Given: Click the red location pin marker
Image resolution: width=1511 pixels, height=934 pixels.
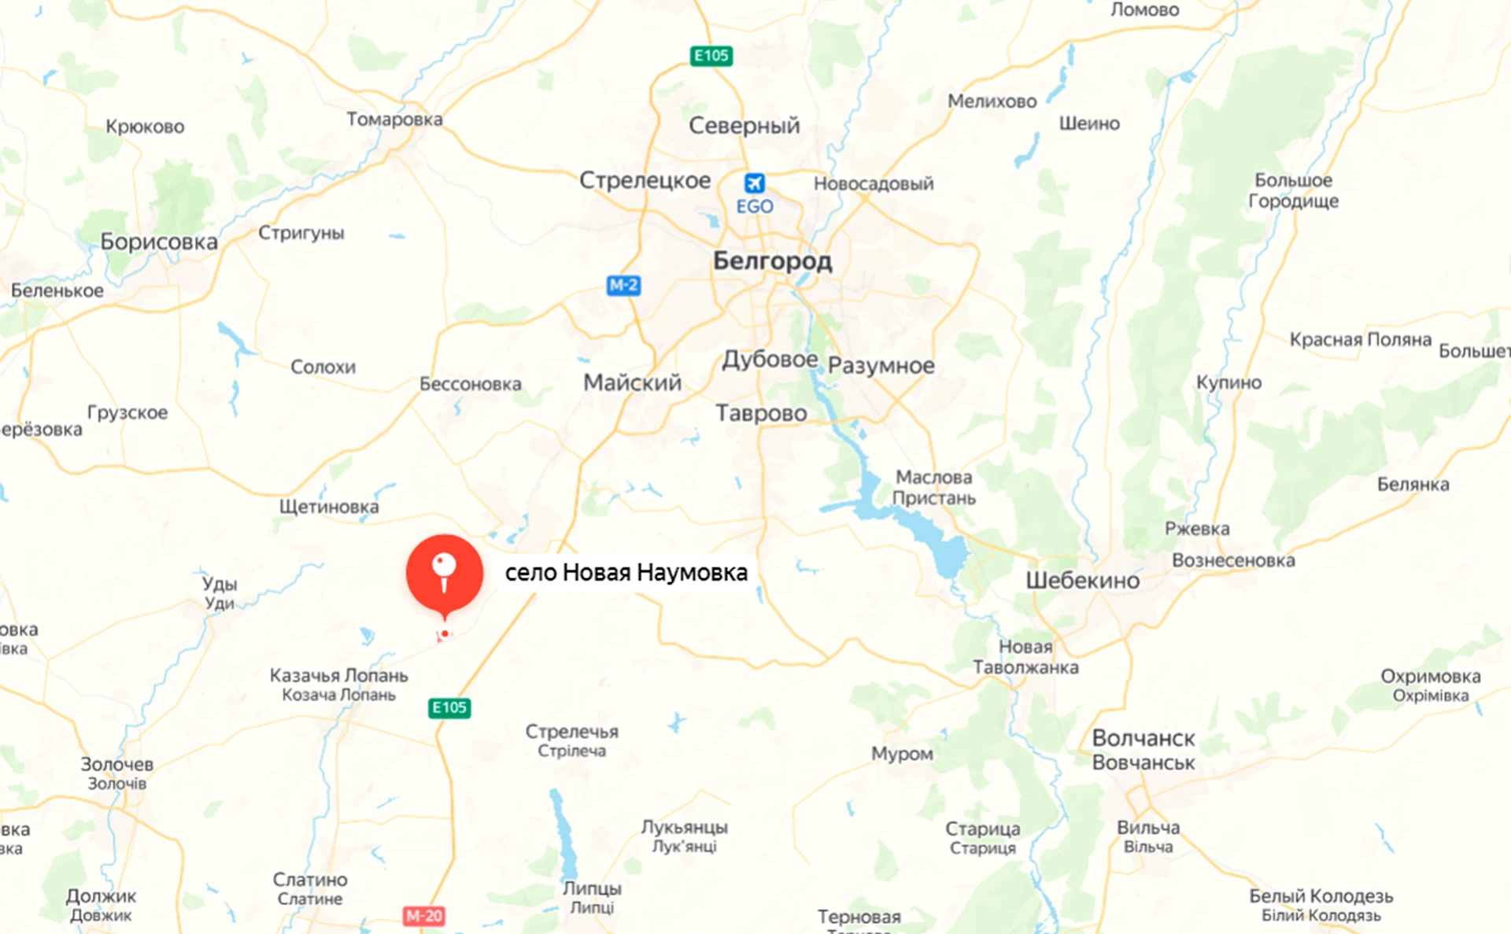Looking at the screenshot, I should coord(445,573).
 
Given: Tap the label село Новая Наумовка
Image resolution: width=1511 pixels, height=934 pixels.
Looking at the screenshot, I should coord(626,572).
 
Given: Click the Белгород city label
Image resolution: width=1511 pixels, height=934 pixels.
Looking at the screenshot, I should coord(772,260).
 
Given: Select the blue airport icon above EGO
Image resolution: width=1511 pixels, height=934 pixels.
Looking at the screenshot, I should coord(754,183).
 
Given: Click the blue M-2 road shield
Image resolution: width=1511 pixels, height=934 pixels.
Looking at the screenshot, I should coord(623,285).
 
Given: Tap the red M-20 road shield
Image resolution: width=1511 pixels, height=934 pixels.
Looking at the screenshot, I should coord(424,916).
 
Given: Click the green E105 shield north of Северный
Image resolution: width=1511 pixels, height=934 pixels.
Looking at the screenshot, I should coord(711,56).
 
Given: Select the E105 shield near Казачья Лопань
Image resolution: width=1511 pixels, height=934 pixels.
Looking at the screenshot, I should coord(449,707).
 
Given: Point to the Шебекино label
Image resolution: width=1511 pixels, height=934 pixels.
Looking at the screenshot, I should coord(1082,581).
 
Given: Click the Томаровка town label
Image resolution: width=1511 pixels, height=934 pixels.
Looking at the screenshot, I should coord(394,120).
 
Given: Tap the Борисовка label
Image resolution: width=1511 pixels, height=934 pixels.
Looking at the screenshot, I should coord(159,242).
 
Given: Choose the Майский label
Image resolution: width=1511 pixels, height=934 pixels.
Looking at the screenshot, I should coord(632,383).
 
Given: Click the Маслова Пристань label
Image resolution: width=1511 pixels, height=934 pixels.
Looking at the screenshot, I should coord(933,487).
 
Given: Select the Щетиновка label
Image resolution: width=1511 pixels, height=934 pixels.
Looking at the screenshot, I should coord(329,507).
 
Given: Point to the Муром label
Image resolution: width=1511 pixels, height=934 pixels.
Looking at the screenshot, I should coord(902,754).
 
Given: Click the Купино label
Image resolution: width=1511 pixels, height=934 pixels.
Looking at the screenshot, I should coord(1228,382).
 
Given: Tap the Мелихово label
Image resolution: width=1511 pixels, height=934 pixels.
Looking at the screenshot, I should coord(992,102).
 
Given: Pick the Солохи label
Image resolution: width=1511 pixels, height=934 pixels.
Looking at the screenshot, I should coord(323,367).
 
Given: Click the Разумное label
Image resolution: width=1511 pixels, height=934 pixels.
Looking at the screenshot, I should coord(881,366).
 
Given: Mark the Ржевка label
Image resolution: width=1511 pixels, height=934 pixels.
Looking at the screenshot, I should coord(1197,529).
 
